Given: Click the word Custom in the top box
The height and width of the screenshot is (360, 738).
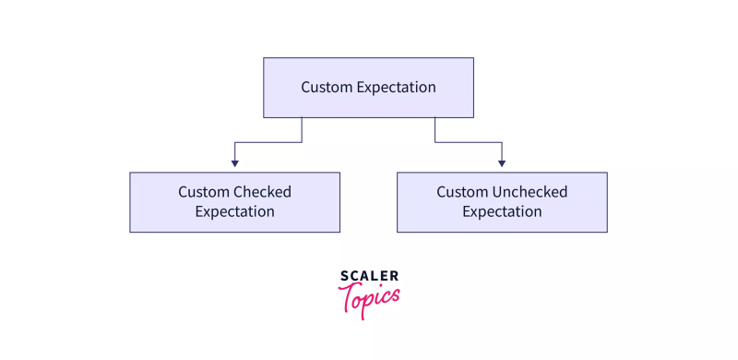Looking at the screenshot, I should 326,87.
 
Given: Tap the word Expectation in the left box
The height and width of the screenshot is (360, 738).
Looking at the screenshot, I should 234,211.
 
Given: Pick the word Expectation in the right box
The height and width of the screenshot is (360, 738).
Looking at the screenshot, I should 502,211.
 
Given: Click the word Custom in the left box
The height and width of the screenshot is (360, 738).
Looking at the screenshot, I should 203,192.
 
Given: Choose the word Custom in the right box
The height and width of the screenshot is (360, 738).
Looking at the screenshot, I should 461,192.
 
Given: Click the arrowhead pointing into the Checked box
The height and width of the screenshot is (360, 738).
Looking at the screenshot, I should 234,163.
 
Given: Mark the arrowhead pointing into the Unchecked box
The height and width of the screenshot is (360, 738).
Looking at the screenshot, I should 502,163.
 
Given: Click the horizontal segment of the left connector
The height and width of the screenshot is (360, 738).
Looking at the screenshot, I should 268,142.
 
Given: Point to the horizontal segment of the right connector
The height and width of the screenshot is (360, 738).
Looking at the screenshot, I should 469,142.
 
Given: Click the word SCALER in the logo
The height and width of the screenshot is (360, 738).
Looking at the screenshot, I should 369,275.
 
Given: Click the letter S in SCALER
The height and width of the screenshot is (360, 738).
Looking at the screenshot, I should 343,275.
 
